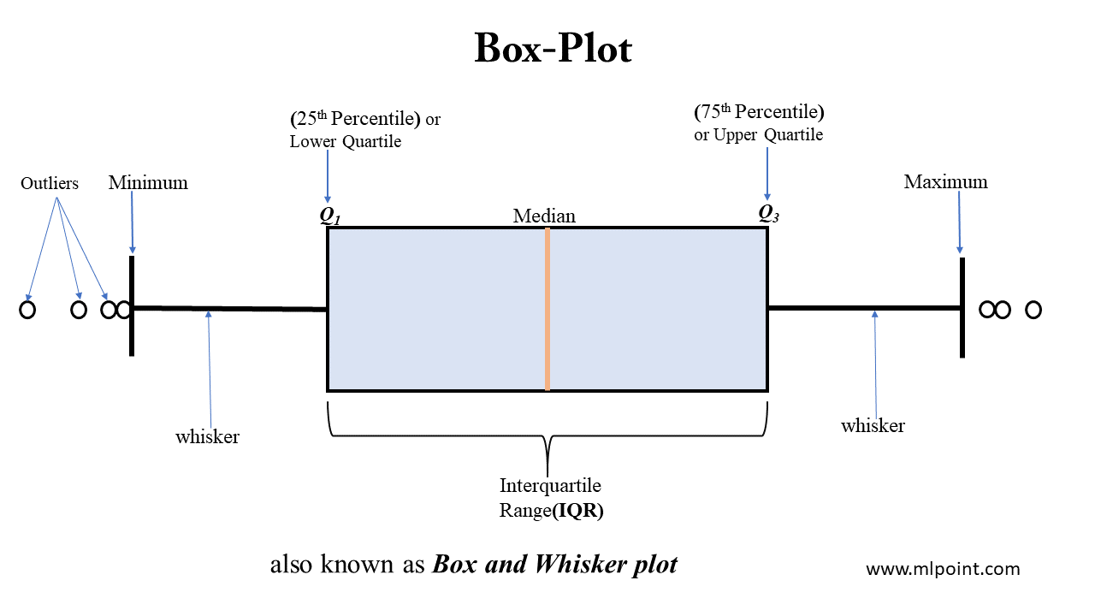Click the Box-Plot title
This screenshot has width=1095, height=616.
tap(553, 50)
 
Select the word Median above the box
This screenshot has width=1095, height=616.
tap(544, 216)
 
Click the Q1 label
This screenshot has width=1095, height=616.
tap(330, 215)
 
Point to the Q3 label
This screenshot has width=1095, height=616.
tap(768, 213)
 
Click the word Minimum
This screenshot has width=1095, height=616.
tap(148, 182)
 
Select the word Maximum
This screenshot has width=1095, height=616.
tap(945, 181)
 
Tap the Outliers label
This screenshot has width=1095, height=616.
tap(50, 183)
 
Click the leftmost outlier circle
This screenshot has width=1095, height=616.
tap(27, 310)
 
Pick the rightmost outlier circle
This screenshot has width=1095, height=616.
tap(1033, 310)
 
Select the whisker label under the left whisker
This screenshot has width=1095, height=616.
tap(207, 436)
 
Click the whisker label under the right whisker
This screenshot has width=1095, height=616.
tap(873, 425)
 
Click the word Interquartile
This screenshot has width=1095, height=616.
tap(550, 486)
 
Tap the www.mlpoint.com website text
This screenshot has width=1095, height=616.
tap(943, 569)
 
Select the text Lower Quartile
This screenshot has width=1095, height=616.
tap(346, 141)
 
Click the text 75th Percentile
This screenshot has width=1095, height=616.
tap(758, 112)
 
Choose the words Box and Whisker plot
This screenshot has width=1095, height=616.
tap(555, 565)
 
